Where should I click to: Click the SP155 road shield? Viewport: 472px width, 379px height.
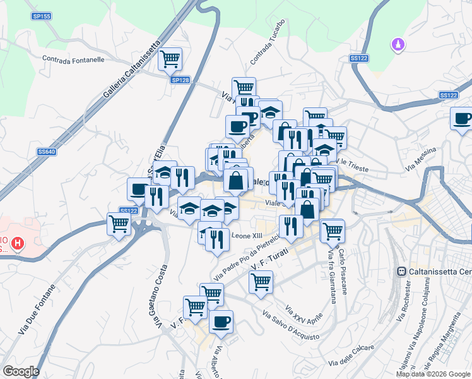[x=42, y=16]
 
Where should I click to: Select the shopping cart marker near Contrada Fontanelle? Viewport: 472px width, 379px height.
[x=170, y=59]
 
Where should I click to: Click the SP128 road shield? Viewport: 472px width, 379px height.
[x=180, y=80]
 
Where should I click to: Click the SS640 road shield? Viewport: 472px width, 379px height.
[x=46, y=152]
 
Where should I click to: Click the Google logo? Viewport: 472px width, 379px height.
[x=21, y=371]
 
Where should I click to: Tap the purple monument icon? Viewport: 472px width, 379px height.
[x=398, y=45]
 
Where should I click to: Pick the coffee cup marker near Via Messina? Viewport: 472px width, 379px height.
[x=461, y=119]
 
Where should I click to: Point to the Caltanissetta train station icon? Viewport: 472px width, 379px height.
[x=400, y=271]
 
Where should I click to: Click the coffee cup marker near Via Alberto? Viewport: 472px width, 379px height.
[x=221, y=322]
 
